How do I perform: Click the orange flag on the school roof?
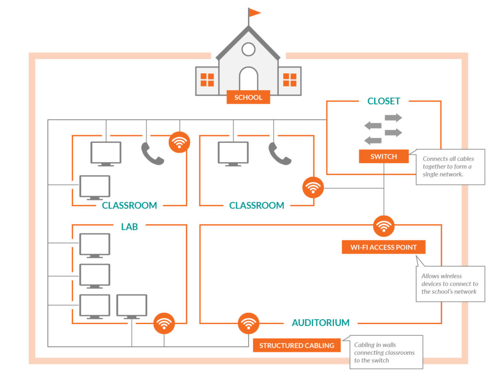point(254,13)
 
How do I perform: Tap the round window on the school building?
point(248,49)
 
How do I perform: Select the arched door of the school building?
point(248,80)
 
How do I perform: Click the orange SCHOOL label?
point(248,98)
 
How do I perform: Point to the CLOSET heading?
point(383,101)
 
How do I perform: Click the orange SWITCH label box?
point(383,156)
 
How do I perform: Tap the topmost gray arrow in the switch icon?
point(393,117)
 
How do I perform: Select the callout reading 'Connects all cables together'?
point(450,166)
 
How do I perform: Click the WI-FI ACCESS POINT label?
point(383,247)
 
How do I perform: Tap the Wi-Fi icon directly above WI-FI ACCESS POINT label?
point(383,226)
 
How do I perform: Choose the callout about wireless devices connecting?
point(450,283)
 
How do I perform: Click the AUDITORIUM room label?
point(320,323)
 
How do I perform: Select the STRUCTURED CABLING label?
point(297,346)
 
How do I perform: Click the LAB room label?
point(129,227)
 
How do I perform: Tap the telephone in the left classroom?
point(152,154)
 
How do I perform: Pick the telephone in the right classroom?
point(280,154)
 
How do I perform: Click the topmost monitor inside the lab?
point(95,245)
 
